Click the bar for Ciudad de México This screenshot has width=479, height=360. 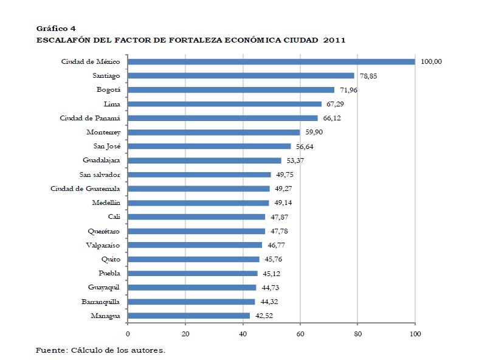[271, 61]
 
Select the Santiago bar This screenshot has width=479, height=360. [241, 75]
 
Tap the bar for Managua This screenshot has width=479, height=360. [188, 316]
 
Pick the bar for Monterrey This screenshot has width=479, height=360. [214, 132]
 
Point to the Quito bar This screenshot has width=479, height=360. [193, 259]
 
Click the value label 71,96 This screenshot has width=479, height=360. [349, 90]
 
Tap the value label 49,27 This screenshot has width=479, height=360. [284, 189]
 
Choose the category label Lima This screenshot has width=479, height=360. [112, 104]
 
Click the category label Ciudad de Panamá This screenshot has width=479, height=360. [90, 118]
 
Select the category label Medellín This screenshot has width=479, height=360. [106, 203]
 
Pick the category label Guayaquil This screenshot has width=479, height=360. [102, 288]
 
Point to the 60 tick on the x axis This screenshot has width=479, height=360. [300, 334]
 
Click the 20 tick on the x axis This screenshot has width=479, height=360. [185, 334]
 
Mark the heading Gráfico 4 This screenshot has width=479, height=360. [56, 28]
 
